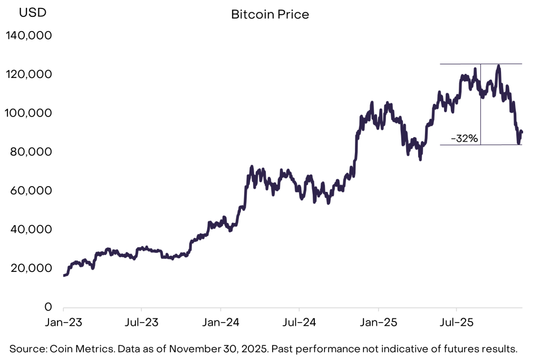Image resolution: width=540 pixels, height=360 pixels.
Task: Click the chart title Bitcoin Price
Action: pos(270,14)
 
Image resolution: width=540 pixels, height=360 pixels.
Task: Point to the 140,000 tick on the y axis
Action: pos(28,36)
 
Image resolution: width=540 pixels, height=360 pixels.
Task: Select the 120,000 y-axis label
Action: pos(28,74)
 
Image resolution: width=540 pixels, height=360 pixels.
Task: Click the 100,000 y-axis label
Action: pos(28,113)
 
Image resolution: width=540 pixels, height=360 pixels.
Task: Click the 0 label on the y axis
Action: pos(47,307)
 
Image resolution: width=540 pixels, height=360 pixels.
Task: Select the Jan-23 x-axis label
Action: pos(63,322)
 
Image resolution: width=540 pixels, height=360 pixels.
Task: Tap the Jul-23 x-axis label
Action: pos(141,322)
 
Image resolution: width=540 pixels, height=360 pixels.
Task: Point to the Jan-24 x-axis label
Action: pos(220,322)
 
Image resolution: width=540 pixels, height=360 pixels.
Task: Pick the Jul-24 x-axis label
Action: pos(299,322)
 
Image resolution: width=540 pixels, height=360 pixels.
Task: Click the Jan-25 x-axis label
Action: pos(378,322)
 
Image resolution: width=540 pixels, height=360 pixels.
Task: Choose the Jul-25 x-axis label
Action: pos(456,322)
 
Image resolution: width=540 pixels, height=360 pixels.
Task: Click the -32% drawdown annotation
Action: pos(464,139)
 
